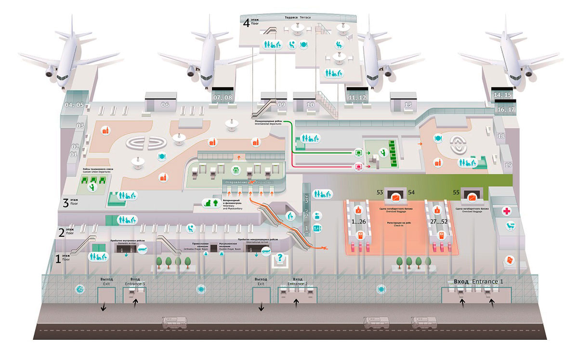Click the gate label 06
click(165, 104)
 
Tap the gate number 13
click(408, 104)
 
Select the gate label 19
click(508, 165)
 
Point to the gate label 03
click(81, 126)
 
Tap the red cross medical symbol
click(507, 211)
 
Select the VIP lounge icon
click(509, 225)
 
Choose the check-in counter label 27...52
click(437, 222)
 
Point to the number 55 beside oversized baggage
click(456, 193)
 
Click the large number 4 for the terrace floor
click(247, 22)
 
